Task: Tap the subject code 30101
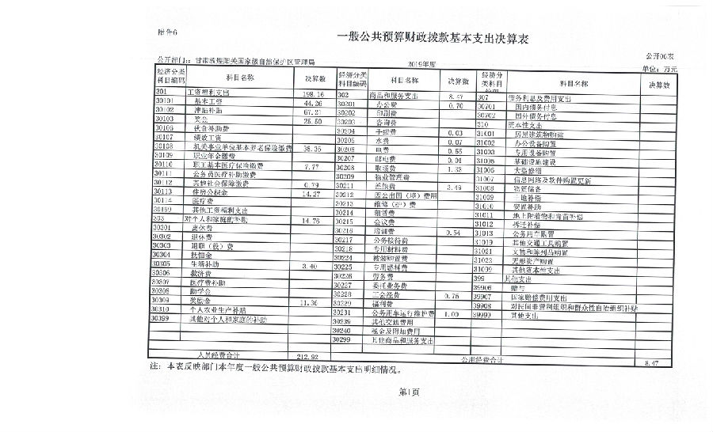tap(166, 101)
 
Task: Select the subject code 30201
tap(348, 104)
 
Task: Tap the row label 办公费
tap(386, 104)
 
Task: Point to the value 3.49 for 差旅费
tap(455, 186)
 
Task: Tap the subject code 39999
tap(485, 314)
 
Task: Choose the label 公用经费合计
tap(481, 360)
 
